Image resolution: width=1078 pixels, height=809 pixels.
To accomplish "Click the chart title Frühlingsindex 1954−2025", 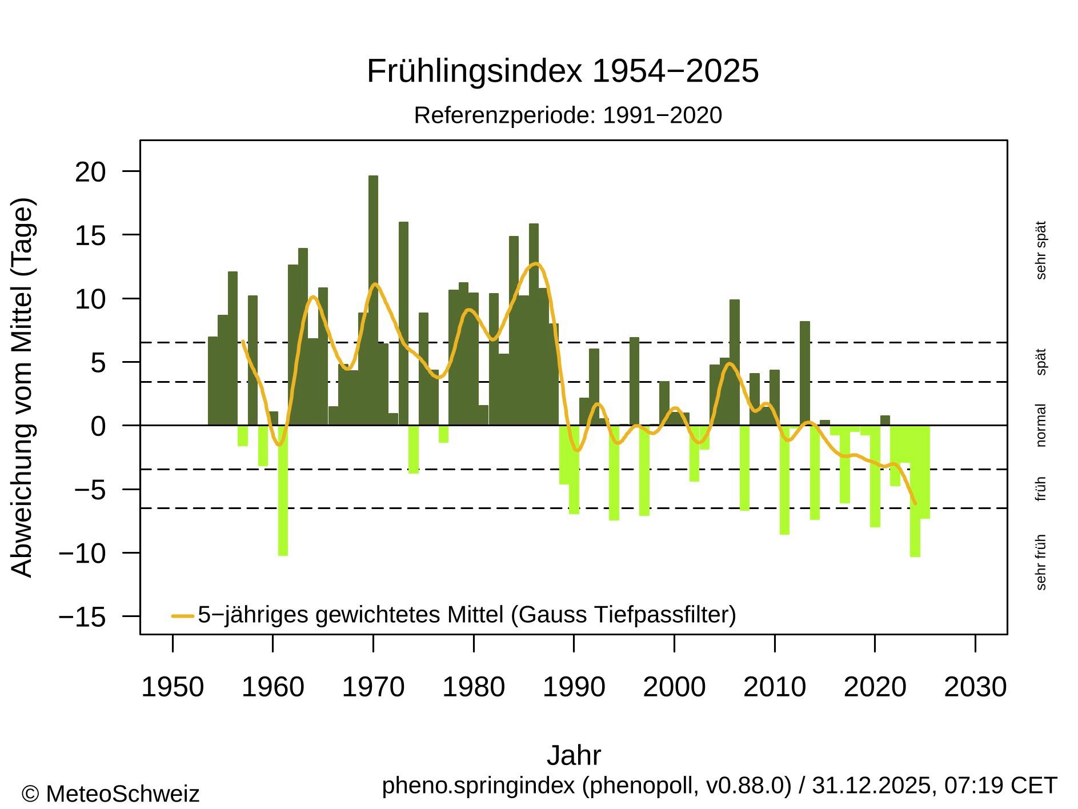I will tap(562, 71).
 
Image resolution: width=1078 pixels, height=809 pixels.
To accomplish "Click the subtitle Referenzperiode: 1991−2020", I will tap(568, 115).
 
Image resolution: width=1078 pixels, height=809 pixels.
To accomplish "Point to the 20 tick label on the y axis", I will tap(90, 172).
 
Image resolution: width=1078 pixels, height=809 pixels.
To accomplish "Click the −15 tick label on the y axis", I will tap(82, 617).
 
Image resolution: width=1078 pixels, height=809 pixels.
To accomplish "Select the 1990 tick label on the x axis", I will tap(574, 687).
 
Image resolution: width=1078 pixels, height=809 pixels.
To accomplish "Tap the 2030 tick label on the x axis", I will tap(975, 687).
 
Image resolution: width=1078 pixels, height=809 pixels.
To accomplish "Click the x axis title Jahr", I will tap(574, 755).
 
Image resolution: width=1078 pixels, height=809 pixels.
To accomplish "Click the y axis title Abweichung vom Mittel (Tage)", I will tap(23, 387).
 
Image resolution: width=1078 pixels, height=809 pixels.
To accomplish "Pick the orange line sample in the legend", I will tap(183, 616).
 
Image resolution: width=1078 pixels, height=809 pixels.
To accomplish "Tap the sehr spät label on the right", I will tap(1040, 250).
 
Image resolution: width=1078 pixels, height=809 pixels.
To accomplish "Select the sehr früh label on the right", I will tap(1040, 562).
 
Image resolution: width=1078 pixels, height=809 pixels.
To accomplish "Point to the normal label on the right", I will tap(1040, 425).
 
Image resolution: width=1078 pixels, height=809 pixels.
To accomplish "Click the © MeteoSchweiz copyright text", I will tap(110, 794).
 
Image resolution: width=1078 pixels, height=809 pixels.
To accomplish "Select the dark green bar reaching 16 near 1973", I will tap(403, 320).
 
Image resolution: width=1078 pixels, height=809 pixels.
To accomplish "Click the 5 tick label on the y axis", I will tap(98, 363).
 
